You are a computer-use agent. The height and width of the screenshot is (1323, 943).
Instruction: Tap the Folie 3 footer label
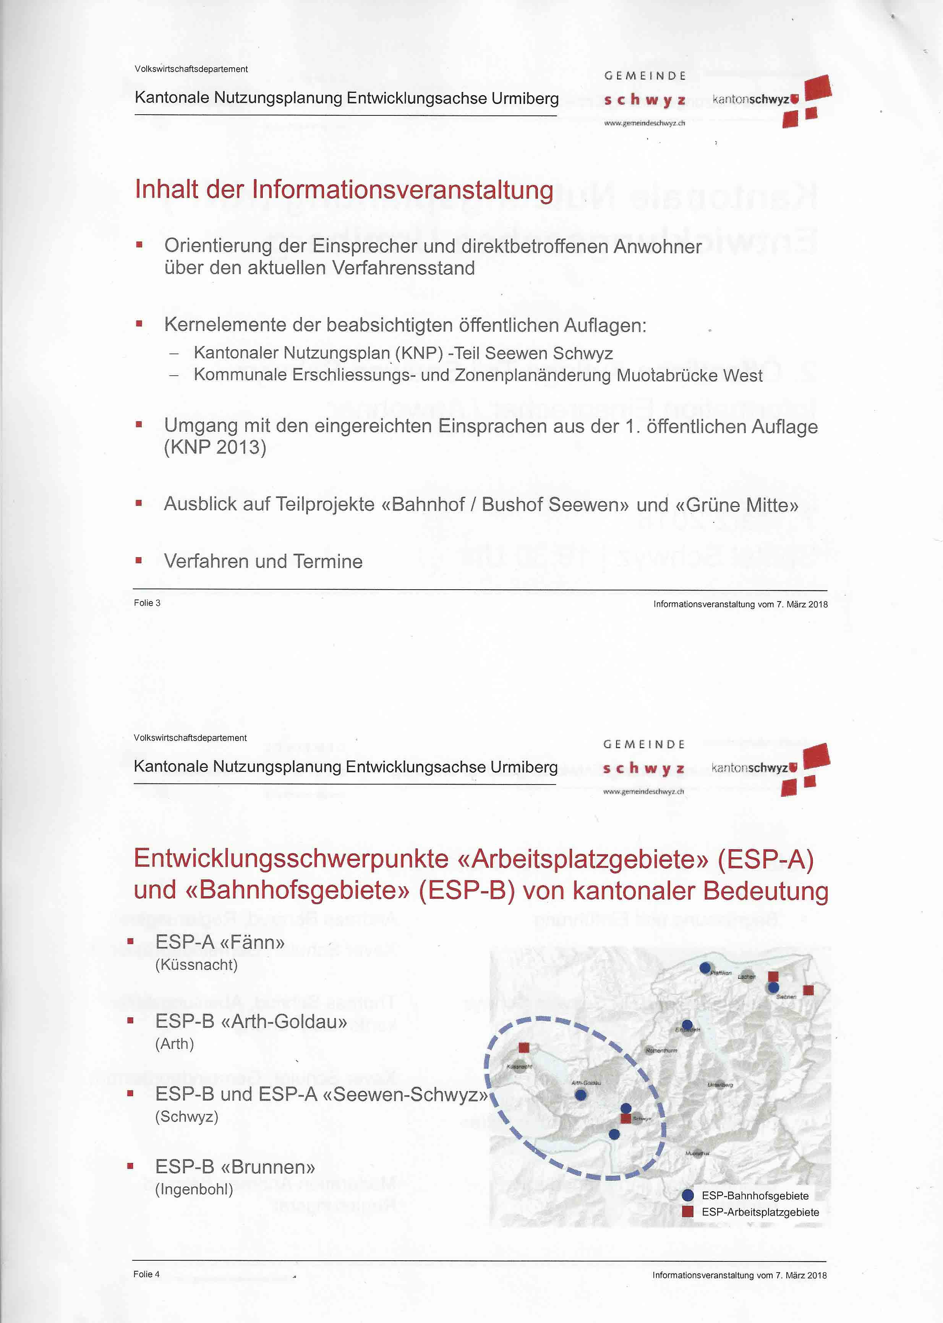(x=147, y=603)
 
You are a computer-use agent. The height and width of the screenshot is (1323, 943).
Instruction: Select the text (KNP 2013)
(x=215, y=447)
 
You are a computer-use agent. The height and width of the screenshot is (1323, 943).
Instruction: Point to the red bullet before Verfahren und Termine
(x=139, y=561)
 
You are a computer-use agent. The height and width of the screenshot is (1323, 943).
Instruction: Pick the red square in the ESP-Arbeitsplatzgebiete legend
(x=687, y=1211)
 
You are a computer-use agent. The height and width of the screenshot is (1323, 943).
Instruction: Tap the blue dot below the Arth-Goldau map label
(x=580, y=1095)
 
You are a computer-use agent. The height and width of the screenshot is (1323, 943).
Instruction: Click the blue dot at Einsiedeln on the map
(x=687, y=1025)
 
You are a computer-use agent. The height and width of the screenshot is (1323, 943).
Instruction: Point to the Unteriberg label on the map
(x=720, y=1085)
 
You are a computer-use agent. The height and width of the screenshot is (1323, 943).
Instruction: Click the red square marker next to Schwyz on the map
(x=625, y=1119)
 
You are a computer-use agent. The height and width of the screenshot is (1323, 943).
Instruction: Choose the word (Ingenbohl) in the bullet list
(x=194, y=1189)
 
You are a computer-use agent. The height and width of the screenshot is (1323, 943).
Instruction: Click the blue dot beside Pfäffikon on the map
(x=705, y=968)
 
